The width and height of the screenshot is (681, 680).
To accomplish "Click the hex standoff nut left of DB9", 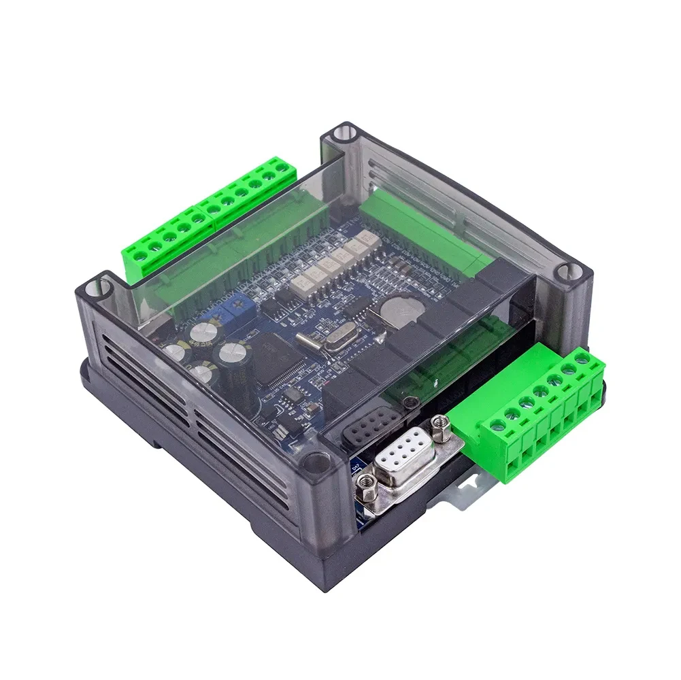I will click(365, 485).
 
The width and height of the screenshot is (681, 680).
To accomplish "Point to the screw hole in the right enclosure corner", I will click(563, 273).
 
